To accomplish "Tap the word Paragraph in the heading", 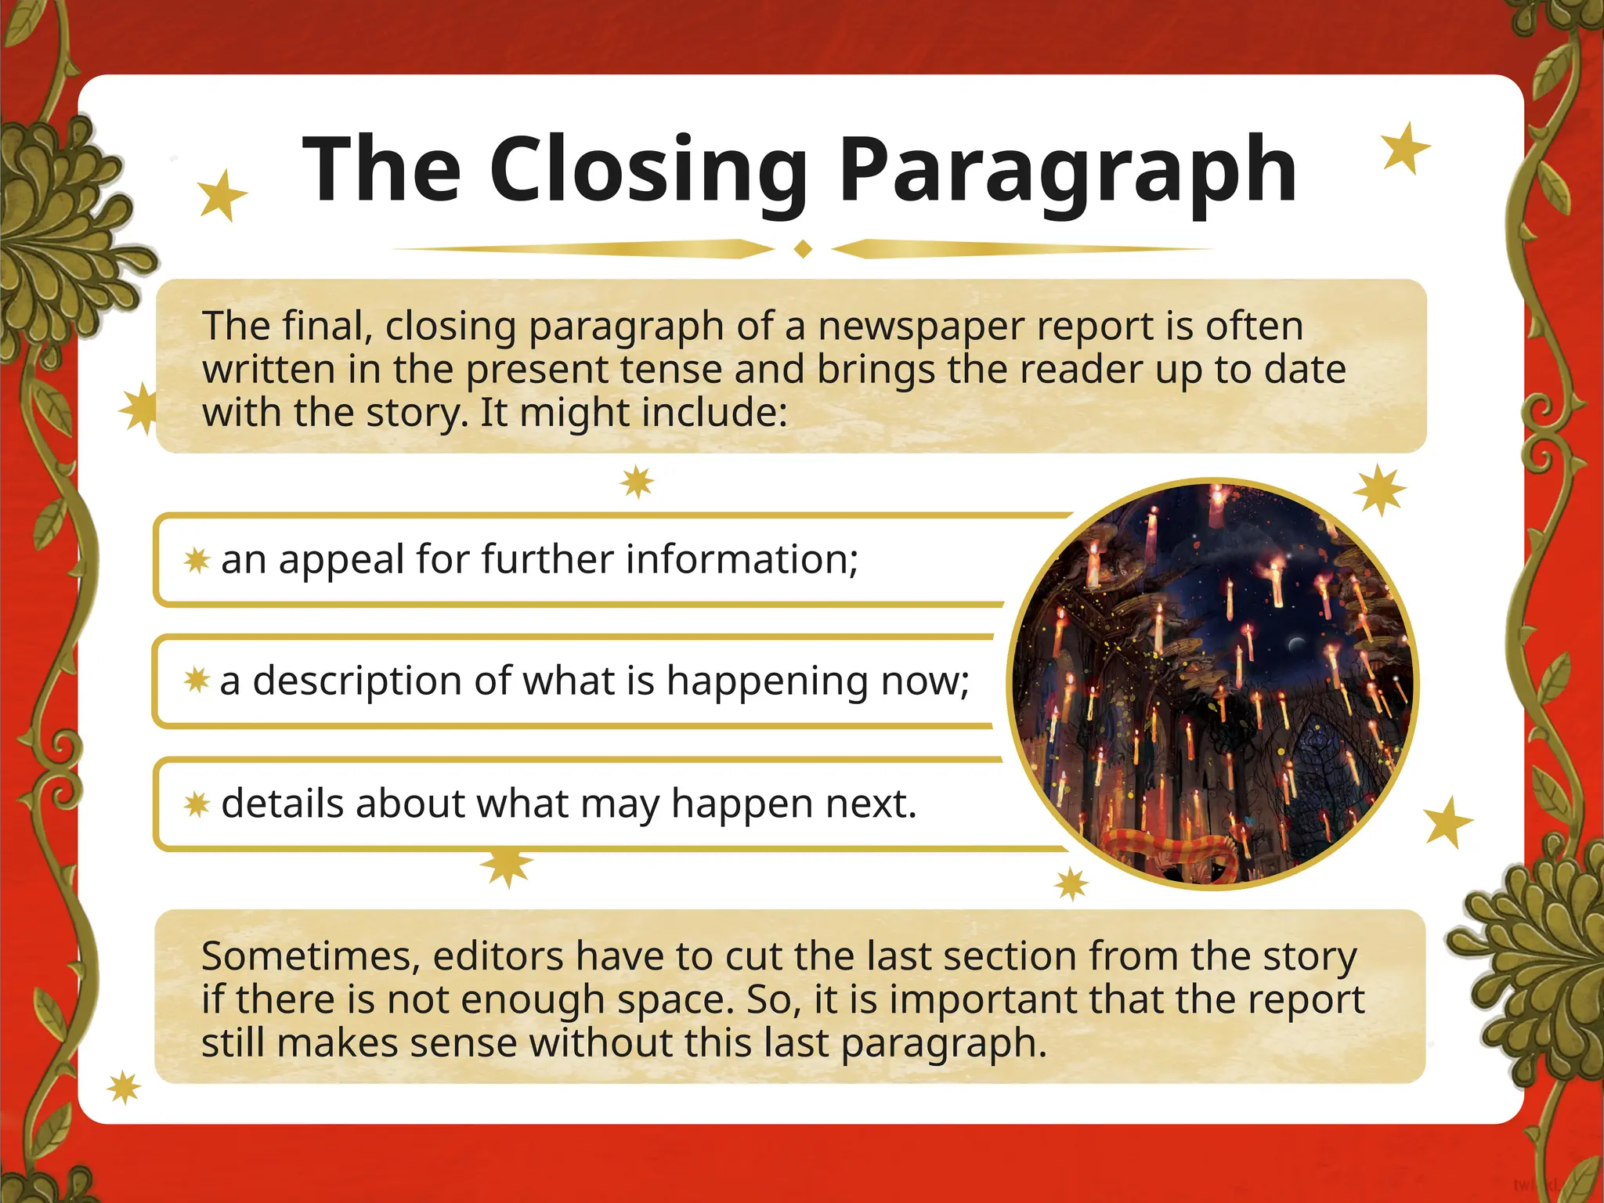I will (x=1068, y=171).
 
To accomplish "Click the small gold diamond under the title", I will (x=803, y=249).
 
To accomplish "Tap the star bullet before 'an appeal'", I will (x=197, y=560).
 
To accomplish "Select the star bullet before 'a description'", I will (x=197, y=680).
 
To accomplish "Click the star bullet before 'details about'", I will (x=197, y=804).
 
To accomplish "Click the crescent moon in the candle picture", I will (x=1296, y=644).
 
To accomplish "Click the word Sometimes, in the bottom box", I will (x=309, y=956).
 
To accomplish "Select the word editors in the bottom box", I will (x=498, y=956).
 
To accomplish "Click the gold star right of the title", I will (x=1405, y=148).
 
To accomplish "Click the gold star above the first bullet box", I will (x=637, y=482).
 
